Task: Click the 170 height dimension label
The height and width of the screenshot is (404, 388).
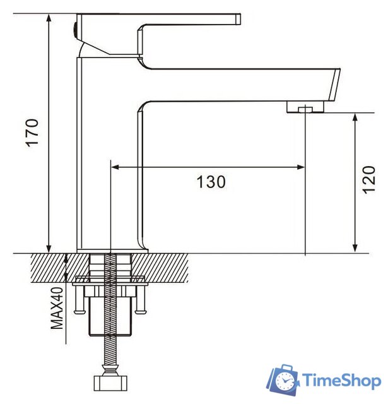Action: [33, 133]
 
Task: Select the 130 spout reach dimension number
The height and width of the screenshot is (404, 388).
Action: [210, 182]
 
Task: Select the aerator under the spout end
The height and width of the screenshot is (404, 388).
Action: [305, 109]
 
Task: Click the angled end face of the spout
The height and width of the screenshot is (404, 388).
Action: [334, 85]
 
